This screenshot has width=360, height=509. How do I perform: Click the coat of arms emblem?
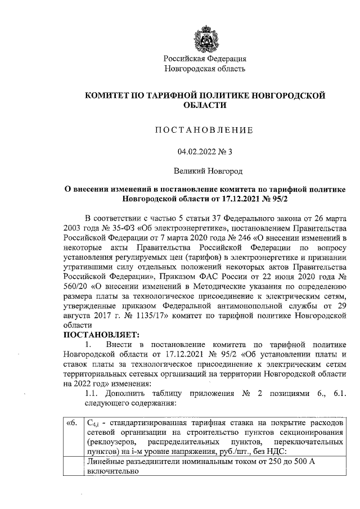click(x=205, y=35)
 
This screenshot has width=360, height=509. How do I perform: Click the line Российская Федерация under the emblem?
click(x=205, y=58)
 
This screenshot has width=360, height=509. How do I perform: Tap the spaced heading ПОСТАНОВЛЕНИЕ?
click(x=204, y=130)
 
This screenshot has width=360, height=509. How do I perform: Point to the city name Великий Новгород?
click(x=205, y=170)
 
